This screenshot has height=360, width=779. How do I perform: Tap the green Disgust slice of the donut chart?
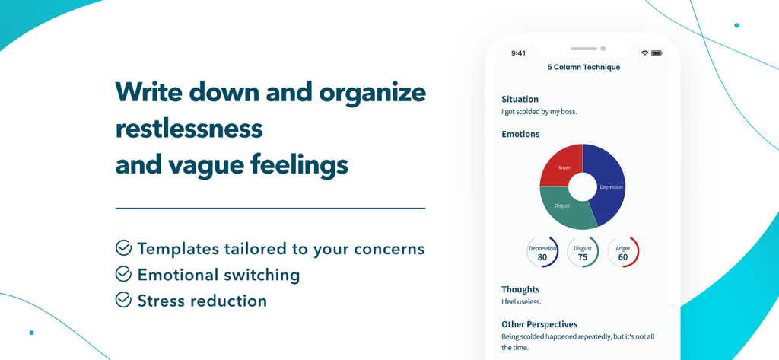coord(567,209)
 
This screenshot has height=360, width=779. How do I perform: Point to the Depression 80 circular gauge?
coord(542,252)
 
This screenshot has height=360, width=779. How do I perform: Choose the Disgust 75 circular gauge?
coord(583,252)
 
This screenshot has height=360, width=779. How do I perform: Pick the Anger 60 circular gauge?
coord(623,252)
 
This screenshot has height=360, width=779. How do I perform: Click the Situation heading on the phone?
coord(520,99)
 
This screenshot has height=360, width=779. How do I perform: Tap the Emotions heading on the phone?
coord(520,134)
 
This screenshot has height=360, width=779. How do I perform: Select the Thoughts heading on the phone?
coord(520,289)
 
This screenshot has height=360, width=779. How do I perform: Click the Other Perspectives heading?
coord(539,324)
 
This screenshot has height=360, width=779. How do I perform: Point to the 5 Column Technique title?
coord(583,67)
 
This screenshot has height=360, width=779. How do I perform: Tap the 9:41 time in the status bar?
coord(518,53)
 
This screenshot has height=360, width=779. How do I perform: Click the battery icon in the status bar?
coord(657,53)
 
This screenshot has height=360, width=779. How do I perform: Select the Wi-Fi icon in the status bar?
coord(644,53)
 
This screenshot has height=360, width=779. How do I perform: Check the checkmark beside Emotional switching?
coord(123,274)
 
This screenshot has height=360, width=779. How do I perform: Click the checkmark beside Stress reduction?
coord(123,300)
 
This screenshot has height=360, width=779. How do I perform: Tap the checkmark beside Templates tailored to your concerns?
coord(123,248)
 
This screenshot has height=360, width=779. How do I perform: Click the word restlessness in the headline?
coord(189,128)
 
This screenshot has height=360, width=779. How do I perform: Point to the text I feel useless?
coord(521,302)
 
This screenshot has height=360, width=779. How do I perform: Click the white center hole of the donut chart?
coord(582,186)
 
